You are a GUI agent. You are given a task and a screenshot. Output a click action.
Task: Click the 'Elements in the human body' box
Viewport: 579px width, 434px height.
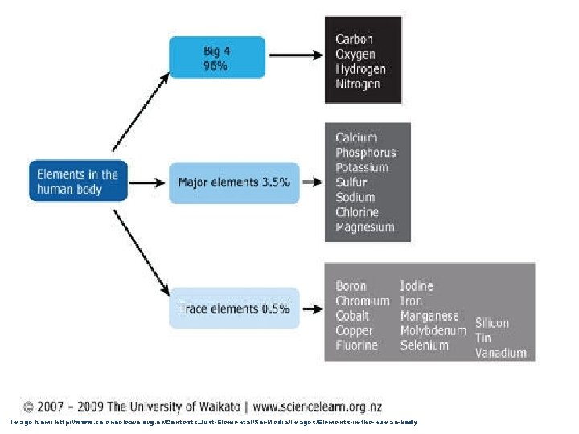click(78, 182)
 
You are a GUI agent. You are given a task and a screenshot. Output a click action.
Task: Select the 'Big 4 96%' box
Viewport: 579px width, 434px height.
click(216, 58)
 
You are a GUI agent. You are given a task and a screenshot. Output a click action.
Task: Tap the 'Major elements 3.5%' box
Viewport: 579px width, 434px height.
click(234, 182)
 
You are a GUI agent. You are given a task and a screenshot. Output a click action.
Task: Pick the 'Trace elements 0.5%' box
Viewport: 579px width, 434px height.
click(234, 308)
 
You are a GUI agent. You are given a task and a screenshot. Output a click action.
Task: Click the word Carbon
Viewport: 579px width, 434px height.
click(355, 39)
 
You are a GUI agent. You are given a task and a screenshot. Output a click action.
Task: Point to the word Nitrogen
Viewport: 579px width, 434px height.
click(358, 84)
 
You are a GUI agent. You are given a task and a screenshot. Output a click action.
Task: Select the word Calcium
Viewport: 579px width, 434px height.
click(356, 137)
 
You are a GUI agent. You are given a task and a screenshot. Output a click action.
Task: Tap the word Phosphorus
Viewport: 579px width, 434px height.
click(366, 153)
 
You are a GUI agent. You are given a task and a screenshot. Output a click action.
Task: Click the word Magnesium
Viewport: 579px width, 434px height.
click(365, 227)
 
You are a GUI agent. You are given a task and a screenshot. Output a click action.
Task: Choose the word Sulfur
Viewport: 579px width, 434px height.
click(351, 182)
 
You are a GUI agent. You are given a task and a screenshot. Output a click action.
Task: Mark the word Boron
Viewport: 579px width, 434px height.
click(351, 286)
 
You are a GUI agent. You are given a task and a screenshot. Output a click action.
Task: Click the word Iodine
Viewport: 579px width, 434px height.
click(417, 286)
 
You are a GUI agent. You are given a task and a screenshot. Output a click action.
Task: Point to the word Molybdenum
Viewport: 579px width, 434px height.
click(433, 330)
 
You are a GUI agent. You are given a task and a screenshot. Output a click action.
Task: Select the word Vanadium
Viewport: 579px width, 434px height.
click(500, 353)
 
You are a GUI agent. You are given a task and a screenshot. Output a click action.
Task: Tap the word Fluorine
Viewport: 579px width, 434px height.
click(356, 346)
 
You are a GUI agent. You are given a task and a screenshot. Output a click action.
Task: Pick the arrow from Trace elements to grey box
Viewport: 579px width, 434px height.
click(310, 308)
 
